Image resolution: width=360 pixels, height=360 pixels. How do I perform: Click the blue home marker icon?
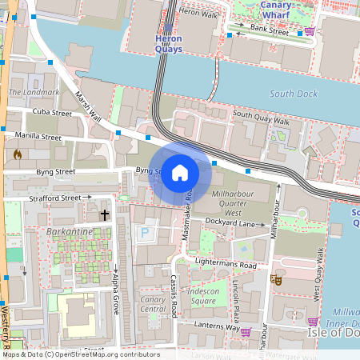pyautogui.click(x=180, y=172)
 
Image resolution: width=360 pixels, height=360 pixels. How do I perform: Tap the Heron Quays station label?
pyautogui.click(x=168, y=43)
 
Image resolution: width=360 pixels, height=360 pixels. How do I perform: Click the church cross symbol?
pyautogui.click(x=104, y=215)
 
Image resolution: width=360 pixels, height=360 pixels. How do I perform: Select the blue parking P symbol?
pyautogui.click(x=145, y=234)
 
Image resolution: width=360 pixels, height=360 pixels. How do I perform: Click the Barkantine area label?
pyautogui.click(x=70, y=233)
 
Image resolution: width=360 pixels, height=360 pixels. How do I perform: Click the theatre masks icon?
pyautogui.click(x=276, y=280)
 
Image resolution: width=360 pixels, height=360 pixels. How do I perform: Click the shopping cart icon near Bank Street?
pyautogui.click(x=310, y=31)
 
